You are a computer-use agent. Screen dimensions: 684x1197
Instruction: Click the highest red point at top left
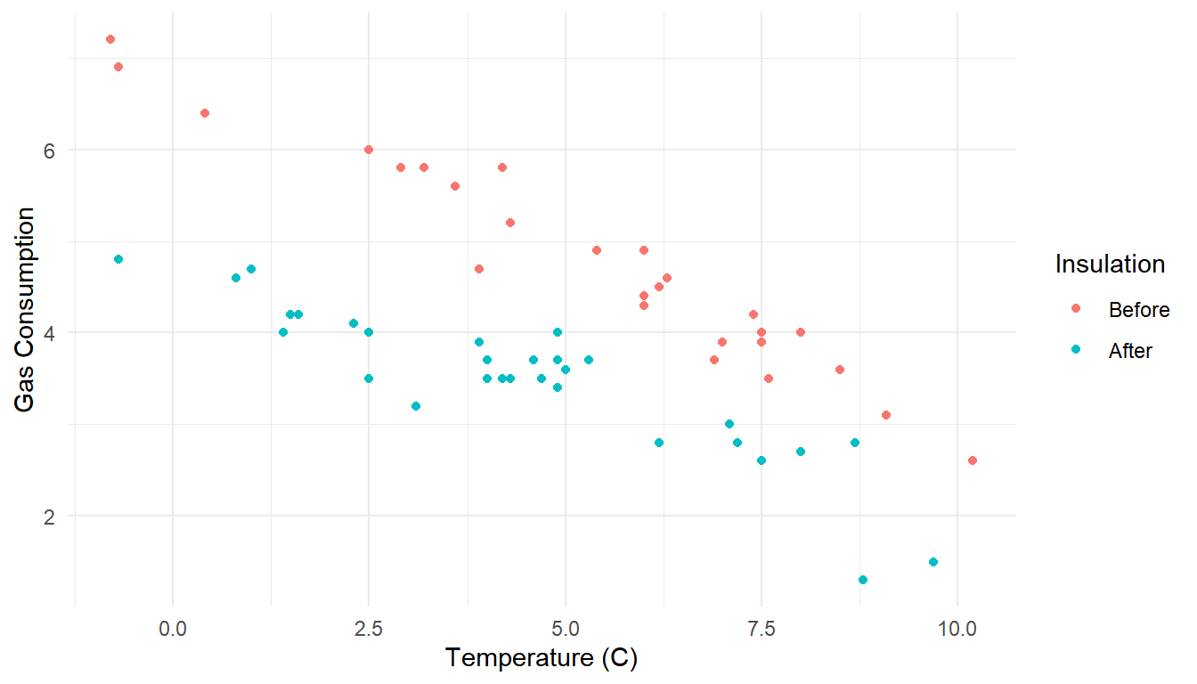click(x=110, y=39)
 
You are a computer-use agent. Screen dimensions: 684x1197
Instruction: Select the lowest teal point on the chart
click(x=863, y=580)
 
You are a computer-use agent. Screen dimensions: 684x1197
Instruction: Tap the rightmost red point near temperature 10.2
click(x=973, y=460)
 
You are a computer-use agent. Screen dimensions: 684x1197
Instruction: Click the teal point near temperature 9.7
click(x=933, y=562)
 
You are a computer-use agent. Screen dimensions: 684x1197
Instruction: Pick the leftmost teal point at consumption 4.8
click(x=118, y=259)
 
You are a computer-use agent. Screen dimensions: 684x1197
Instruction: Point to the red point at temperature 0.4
click(x=205, y=113)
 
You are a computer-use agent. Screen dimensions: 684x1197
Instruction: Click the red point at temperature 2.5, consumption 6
click(x=369, y=150)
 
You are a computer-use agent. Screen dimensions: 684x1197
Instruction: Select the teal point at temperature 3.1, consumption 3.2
click(x=416, y=406)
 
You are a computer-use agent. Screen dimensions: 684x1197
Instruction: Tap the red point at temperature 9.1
click(x=886, y=415)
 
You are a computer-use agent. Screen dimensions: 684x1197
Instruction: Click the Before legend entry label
click(x=1139, y=310)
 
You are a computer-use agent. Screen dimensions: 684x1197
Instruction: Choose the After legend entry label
click(x=1130, y=351)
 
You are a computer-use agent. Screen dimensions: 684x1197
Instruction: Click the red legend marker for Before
click(x=1076, y=308)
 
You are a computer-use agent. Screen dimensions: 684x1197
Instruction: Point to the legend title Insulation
click(x=1110, y=265)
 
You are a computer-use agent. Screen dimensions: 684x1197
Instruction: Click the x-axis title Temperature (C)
click(x=542, y=658)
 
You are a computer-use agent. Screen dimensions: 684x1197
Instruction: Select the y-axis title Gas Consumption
click(x=27, y=310)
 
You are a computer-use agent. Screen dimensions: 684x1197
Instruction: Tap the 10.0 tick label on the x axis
click(x=957, y=628)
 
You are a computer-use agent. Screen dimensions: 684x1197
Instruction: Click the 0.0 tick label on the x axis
click(x=173, y=628)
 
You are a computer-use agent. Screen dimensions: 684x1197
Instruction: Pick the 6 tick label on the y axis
click(x=50, y=150)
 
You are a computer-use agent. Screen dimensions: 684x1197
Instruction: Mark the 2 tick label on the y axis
click(x=50, y=517)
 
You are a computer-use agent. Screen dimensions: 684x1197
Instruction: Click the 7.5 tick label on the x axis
click(x=761, y=628)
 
